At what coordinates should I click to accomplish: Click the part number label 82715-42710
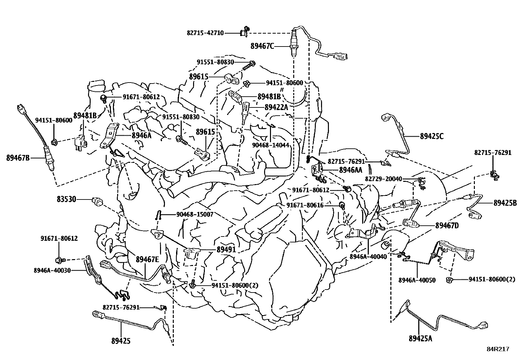(205, 33)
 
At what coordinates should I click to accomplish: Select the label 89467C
(262, 46)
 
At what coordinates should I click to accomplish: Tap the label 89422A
(276, 107)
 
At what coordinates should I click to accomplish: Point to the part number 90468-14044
(271, 145)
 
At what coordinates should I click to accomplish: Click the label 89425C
(432, 136)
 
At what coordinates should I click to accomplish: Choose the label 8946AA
(350, 170)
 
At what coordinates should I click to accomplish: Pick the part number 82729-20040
(384, 179)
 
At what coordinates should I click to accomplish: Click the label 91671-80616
(305, 205)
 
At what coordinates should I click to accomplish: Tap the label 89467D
(447, 225)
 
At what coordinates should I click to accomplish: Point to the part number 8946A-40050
(417, 280)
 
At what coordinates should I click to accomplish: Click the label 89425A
(421, 338)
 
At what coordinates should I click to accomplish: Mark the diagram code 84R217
(498, 349)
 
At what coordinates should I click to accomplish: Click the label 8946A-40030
(52, 270)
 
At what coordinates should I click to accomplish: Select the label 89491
(226, 250)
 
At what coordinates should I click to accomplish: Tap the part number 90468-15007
(195, 214)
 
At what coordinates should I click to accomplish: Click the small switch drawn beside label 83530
(97, 201)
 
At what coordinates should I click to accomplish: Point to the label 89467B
(18, 158)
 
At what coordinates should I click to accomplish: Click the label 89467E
(148, 259)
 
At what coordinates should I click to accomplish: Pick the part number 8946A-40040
(368, 256)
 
